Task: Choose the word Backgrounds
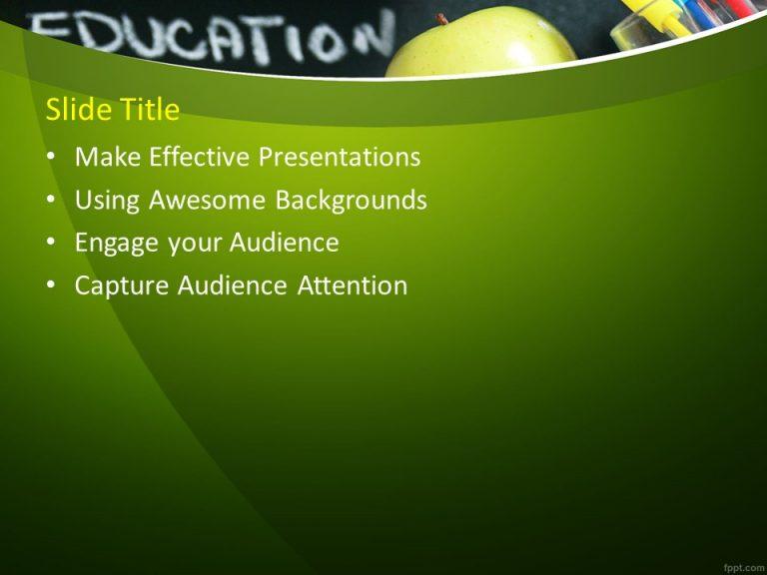352,201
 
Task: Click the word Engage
113,244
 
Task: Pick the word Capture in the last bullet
123,287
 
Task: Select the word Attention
353,287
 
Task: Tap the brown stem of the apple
441,19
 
